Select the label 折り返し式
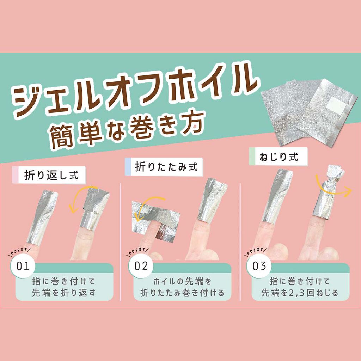click(51, 175)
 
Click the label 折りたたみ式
click(166, 167)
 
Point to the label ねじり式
click(279, 157)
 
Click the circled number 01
click(23, 266)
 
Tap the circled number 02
click(141, 266)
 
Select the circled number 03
click(259, 266)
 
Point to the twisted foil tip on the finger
click(335, 175)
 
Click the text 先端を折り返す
click(63, 293)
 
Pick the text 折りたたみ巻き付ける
click(182, 293)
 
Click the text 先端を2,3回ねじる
click(300, 293)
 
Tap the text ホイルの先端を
click(182, 281)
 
